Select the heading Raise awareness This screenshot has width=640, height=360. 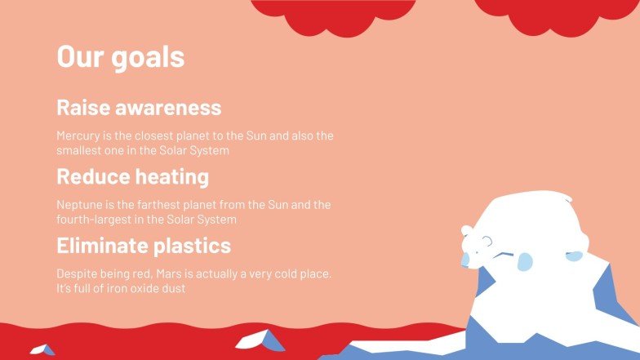(138, 108)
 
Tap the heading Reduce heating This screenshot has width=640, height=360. (132, 176)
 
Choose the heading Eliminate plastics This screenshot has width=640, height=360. (143, 246)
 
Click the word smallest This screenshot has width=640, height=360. (80, 151)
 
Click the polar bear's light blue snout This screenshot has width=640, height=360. (465, 259)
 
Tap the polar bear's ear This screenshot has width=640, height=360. (466, 231)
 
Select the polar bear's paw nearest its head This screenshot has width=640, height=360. (524, 261)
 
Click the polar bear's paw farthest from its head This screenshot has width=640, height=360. (575, 256)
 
